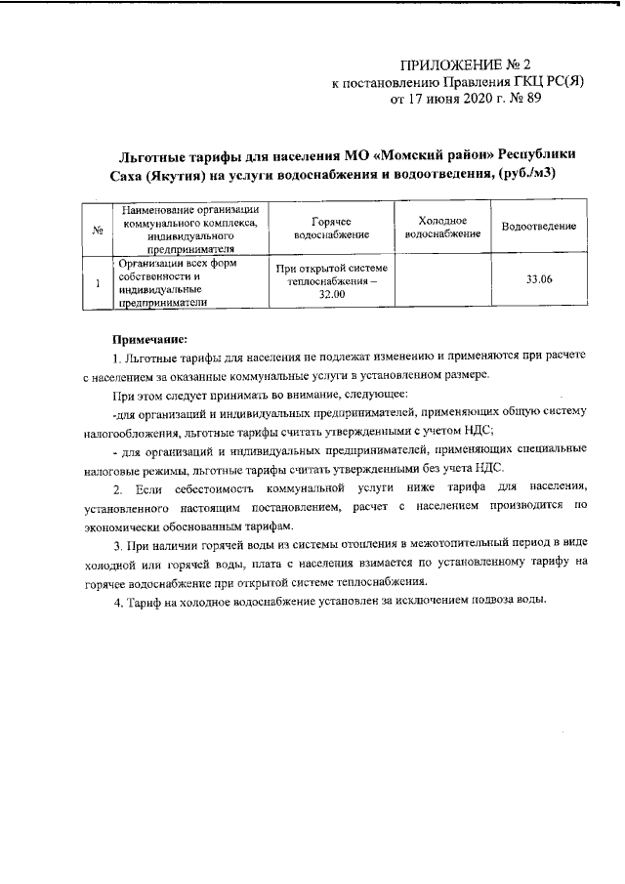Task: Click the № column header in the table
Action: click(98, 230)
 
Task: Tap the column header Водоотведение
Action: click(538, 227)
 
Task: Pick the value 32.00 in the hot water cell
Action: click(331, 294)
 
